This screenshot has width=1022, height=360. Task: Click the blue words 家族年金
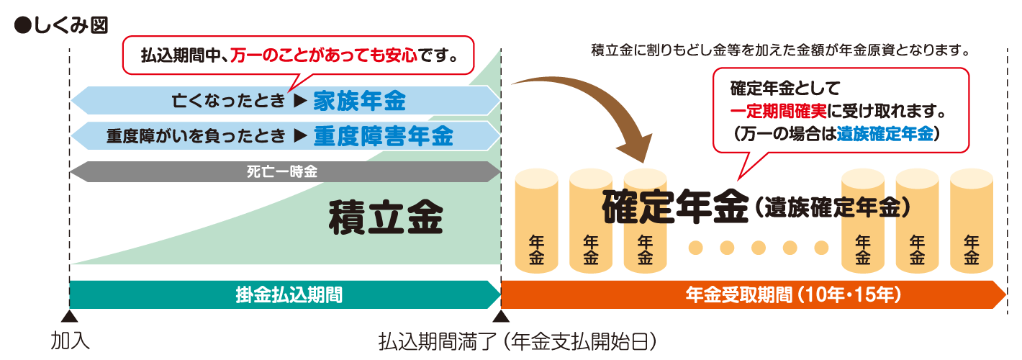[359, 102]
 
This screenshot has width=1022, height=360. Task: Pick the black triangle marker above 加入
[69, 315]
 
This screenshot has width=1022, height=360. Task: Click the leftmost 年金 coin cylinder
[537, 222]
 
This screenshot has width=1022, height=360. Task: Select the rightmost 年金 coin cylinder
[972, 222]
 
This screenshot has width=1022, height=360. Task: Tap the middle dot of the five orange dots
[758, 248]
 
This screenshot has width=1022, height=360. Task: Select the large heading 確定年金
[677, 207]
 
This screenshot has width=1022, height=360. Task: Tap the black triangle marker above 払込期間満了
[500, 315]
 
